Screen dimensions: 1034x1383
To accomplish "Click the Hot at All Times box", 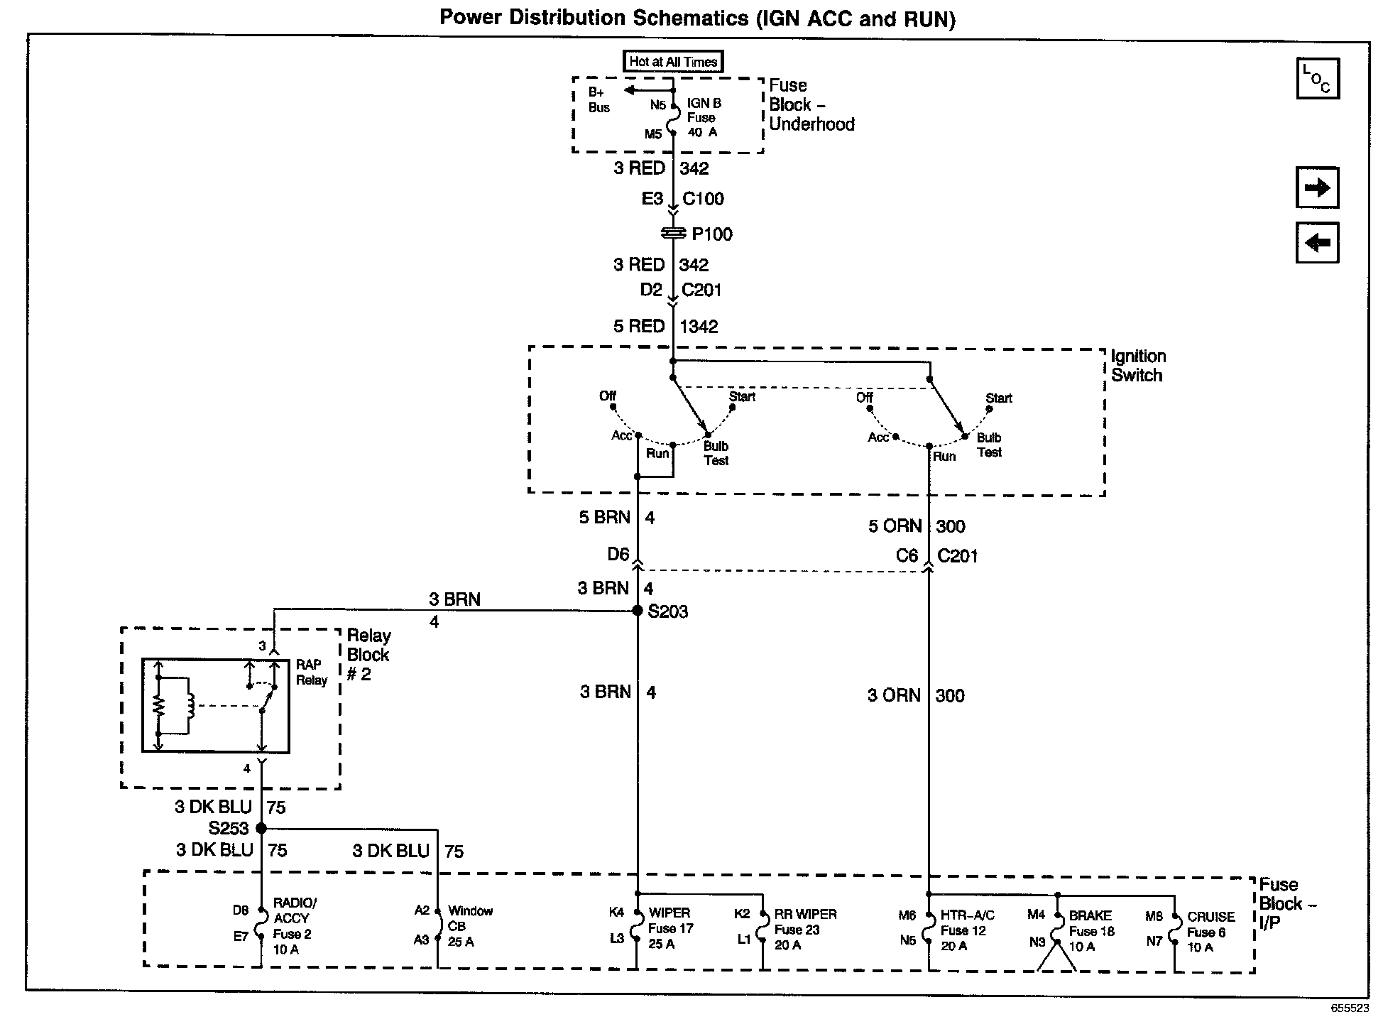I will point(672,62).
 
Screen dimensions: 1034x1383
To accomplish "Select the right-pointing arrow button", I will point(1317,188).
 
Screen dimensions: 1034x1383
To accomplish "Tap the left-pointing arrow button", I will point(1317,243).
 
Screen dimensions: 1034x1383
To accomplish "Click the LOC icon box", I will point(1317,78).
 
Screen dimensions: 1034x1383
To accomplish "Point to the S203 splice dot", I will point(638,611).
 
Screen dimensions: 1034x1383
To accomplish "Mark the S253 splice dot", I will point(261,828).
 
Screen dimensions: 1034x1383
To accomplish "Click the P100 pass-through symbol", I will point(673,233).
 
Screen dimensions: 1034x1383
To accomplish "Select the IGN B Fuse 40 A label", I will point(703,118).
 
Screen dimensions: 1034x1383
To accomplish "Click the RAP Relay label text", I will point(312,672).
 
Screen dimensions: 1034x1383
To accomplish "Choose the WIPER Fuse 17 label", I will point(669,928).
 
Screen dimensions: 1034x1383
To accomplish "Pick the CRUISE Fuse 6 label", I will point(1210,932).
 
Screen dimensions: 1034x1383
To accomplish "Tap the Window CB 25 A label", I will point(469,926).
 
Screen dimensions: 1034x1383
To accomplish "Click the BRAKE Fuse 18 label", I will point(1091,931).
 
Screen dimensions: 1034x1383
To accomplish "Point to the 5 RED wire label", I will point(639,327).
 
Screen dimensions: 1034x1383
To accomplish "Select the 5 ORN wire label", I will point(895,526).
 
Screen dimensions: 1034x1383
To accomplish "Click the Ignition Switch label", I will point(1137,366).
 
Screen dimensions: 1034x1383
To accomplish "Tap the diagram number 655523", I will point(1349,1008).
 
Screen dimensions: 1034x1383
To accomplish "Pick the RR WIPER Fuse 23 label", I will point(805,930).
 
